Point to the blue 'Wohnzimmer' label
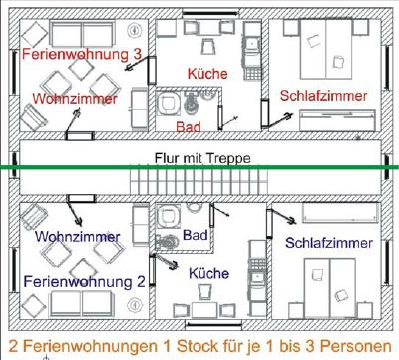pos(78,237)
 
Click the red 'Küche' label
pos(207,73)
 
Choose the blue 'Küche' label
pos(207,272)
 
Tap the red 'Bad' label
pos(187,127)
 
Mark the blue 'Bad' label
pos(196,235)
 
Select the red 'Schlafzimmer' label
pos(324,95)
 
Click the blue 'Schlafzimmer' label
pos(329,243)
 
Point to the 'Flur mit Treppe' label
pos(201,158)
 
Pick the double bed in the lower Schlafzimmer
pos(329,284)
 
